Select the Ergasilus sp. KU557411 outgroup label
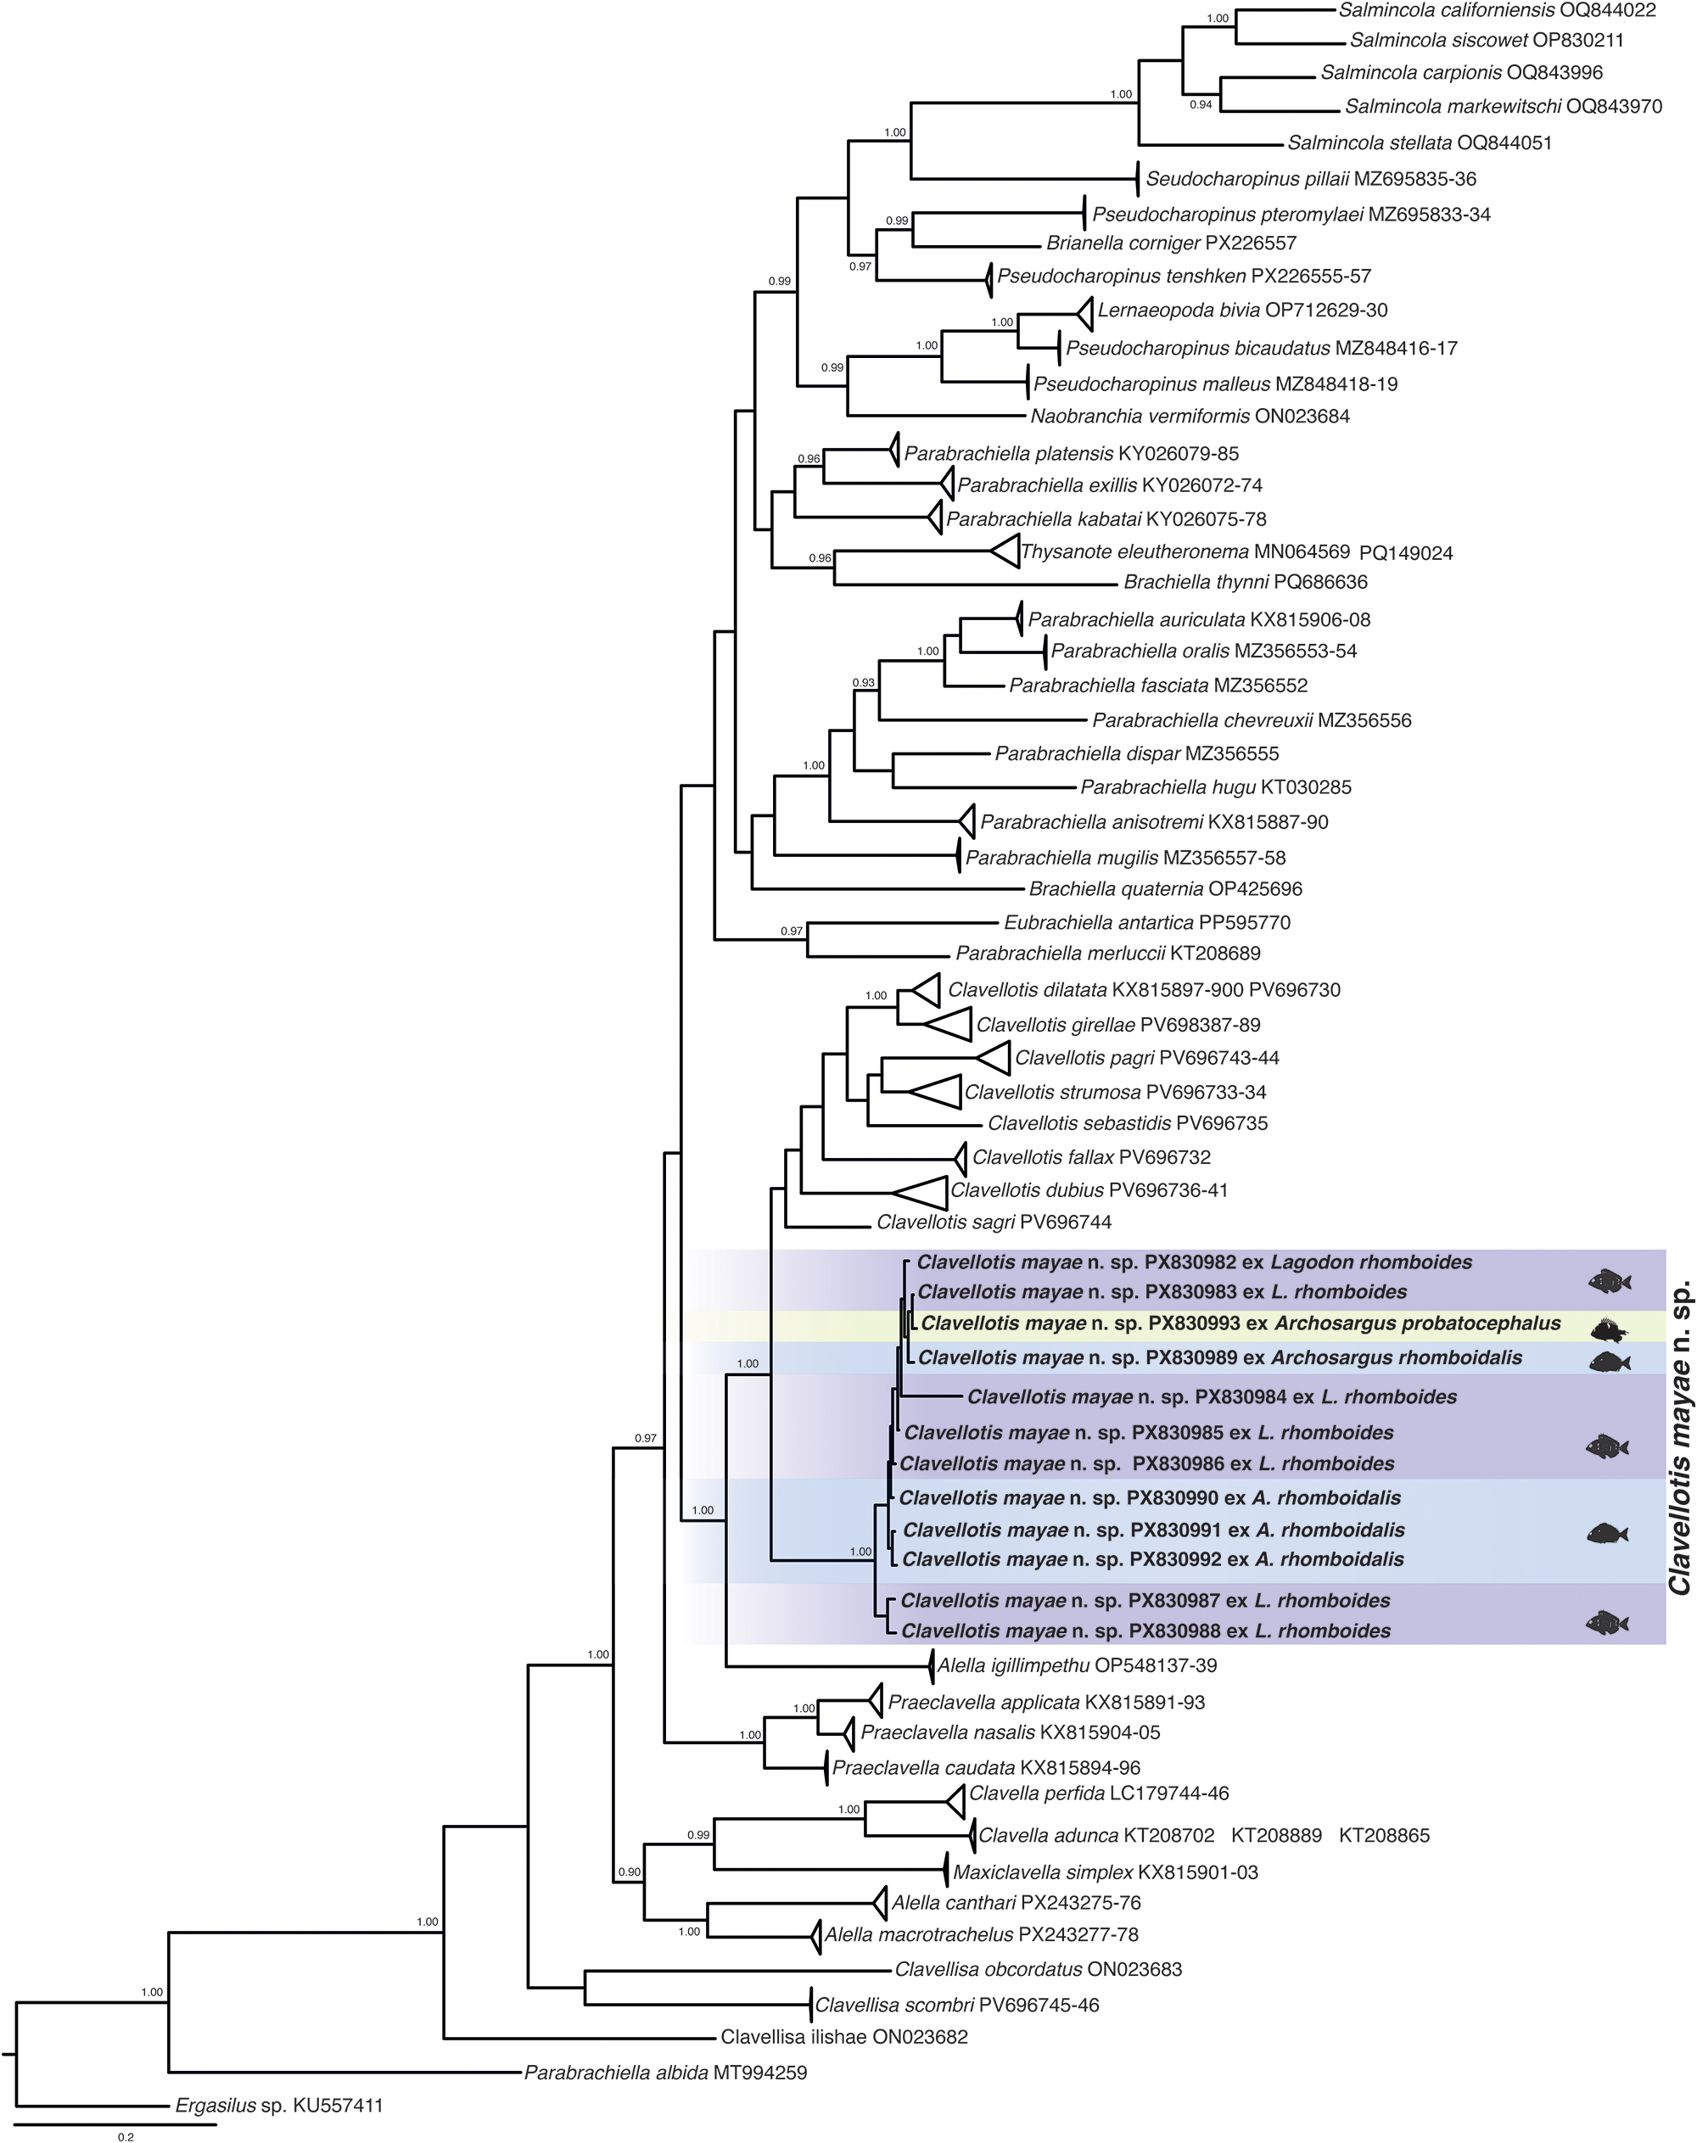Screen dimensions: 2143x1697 (278, 2105)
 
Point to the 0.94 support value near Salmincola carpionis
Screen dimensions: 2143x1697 (1201, 104)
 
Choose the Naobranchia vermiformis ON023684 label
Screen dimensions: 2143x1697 (1190, 417)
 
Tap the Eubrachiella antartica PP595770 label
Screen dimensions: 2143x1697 (1146, 922)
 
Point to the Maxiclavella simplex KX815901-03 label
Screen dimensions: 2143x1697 (1105, 1872)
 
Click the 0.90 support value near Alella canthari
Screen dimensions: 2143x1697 (630, 1872)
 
